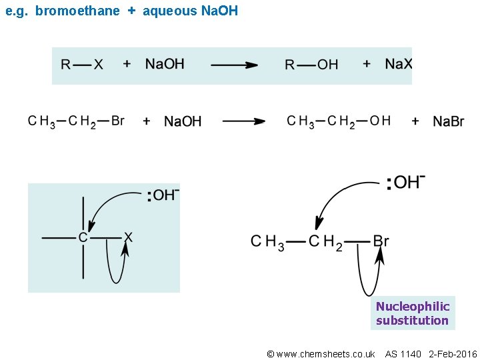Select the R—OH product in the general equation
(311, 64)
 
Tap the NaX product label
(399, 63)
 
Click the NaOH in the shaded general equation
(165, 63)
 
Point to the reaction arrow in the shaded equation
(234, 65)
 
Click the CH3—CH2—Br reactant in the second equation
(76, 121)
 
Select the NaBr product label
(449, 121)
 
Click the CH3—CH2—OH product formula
(339, 121)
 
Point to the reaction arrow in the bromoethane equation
(243, 121)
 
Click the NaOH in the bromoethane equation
(183, 121)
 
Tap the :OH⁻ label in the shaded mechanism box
(163, 195)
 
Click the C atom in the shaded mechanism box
(83, 237)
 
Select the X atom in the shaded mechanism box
(128, 237)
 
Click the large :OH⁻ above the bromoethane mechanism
(406, 183)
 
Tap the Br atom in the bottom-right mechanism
(381, 241)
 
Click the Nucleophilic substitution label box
(412, 313)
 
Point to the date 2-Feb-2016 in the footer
(453, 353)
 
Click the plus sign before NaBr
(415, 121)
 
